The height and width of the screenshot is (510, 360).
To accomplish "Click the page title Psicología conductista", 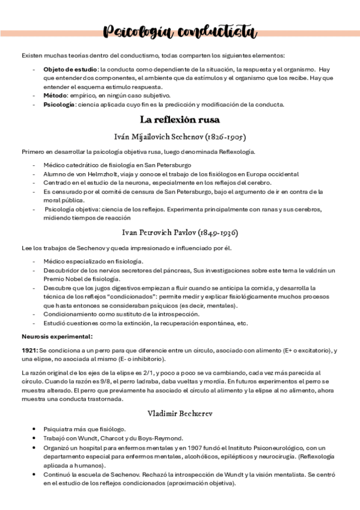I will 179,31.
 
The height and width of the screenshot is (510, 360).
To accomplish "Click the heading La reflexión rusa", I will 180,119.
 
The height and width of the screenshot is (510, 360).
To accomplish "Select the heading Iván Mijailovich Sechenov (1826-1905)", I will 180,137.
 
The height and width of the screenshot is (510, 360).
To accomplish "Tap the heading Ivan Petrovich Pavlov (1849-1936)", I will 180,232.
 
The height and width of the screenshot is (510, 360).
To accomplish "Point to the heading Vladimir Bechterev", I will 180,413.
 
